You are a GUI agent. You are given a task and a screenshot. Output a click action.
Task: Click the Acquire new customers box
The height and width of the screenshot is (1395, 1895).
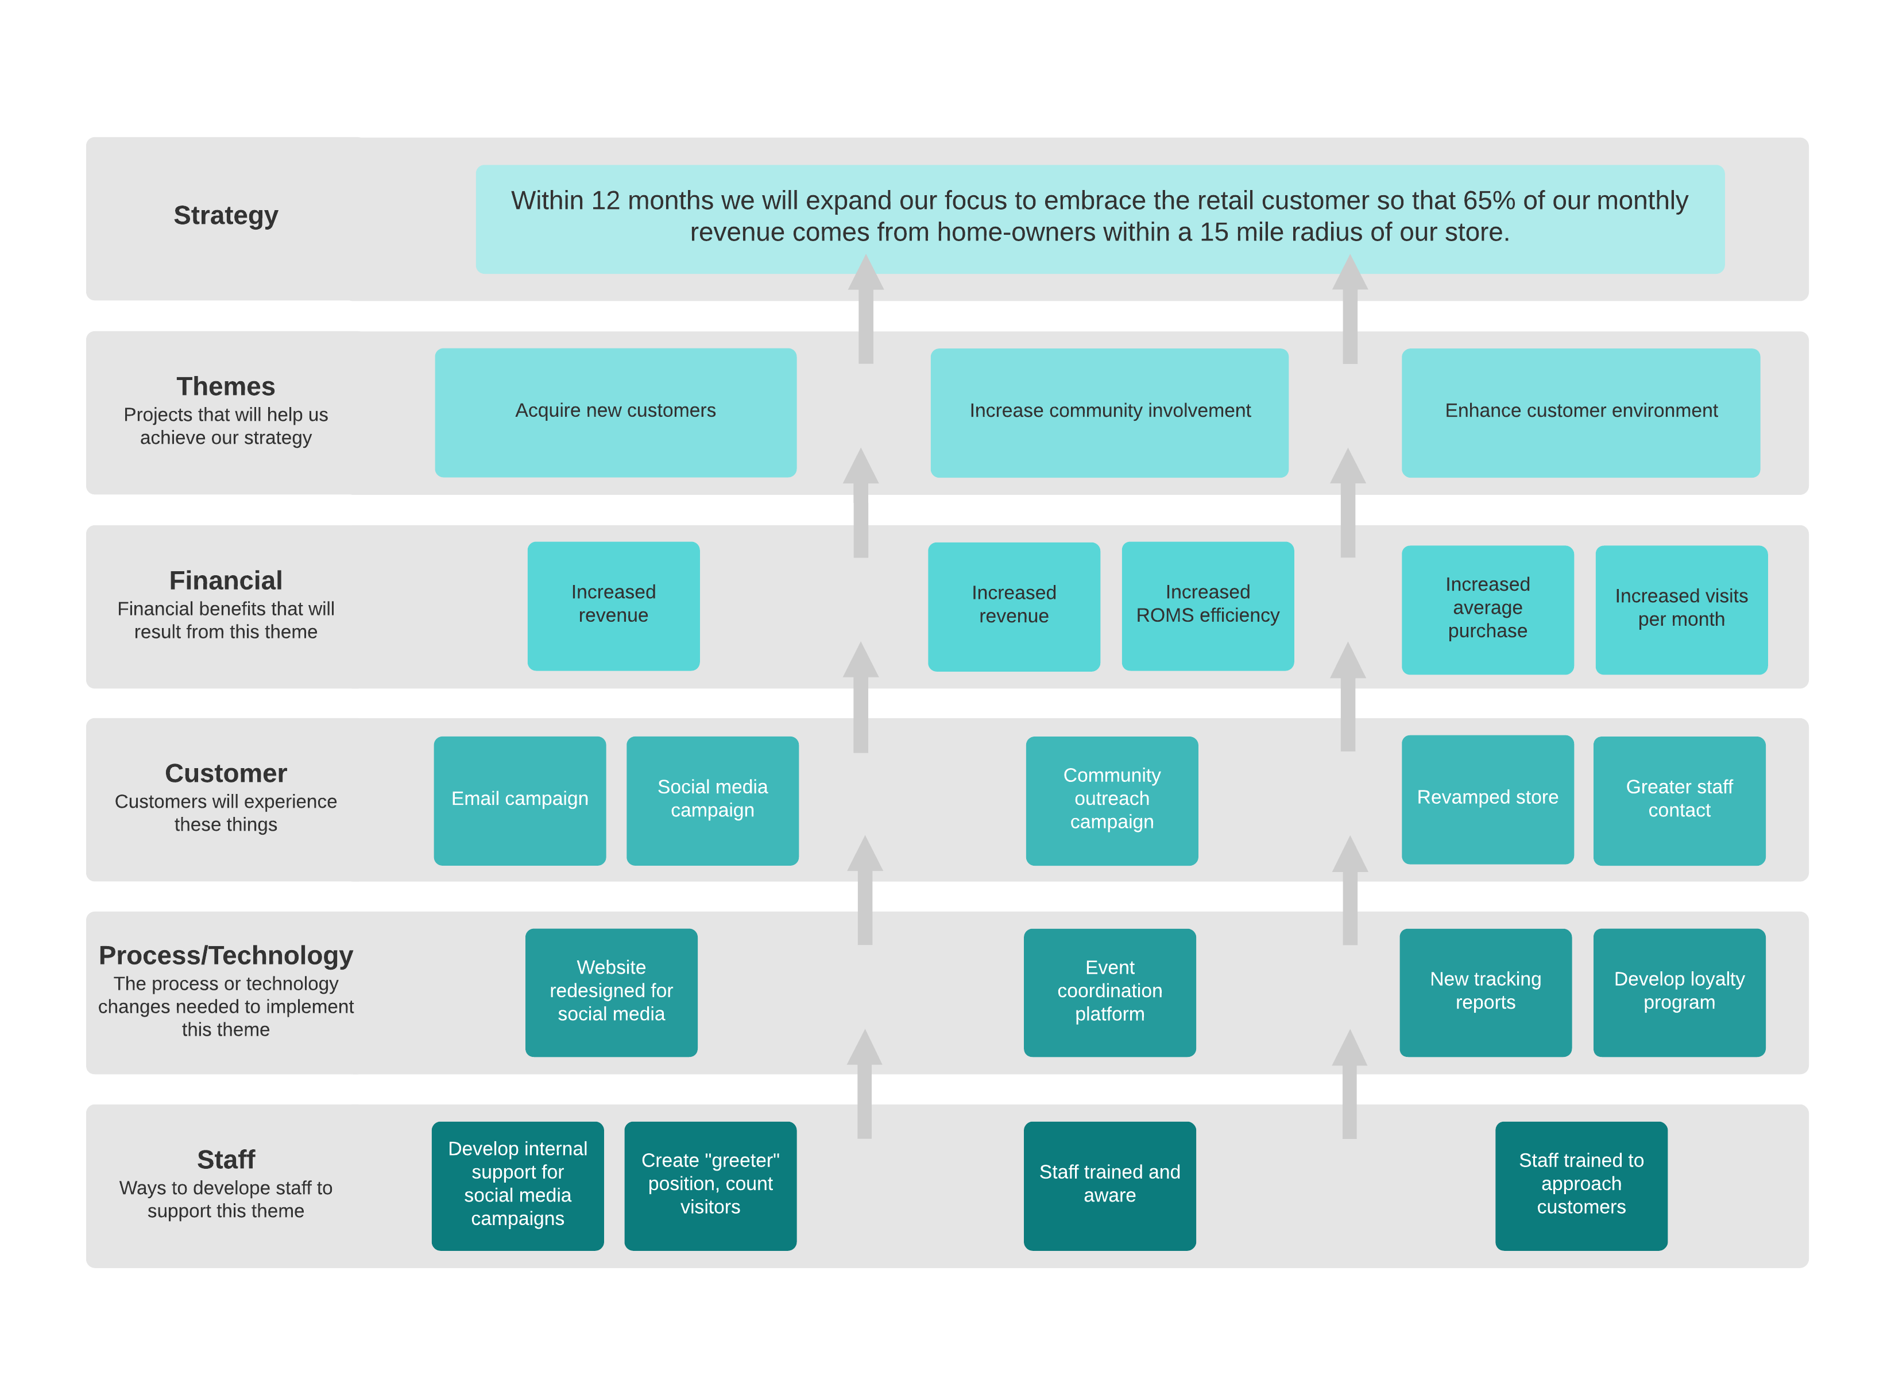click(x=615, y=412)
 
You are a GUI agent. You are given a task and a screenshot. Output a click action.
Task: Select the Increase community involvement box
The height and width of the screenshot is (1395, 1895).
click(x=1109, y=412)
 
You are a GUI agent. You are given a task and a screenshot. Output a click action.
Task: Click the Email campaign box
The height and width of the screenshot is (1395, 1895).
click(x=519, y=800)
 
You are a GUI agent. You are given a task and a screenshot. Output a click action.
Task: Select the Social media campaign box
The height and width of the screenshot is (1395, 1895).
click(x=712, y=800)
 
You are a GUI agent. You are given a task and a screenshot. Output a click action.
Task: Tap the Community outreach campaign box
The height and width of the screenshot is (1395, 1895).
click(x=1111, y=800)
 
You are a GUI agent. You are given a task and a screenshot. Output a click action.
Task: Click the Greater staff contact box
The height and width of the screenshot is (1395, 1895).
click(x=1679, y=800)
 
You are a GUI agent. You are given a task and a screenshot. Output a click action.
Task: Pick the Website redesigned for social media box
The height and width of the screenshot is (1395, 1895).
click(x=610, y=991)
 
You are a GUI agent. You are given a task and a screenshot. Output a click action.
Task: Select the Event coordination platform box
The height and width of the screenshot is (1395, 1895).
click(x=1109, y=991)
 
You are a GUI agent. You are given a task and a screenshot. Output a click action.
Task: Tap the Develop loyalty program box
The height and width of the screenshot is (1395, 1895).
click(x=1679, y=991)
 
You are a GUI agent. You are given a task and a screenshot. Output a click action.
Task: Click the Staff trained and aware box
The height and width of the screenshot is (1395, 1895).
click(x=1109, y=1185)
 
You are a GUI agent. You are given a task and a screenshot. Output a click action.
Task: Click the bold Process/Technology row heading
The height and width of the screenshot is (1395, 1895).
click(x=226, y=955)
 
